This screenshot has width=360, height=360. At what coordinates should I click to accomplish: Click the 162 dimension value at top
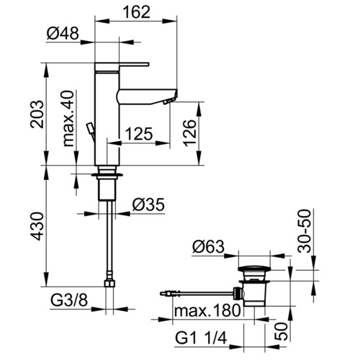(x=137, y=12)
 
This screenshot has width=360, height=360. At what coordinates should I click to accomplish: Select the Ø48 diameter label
(x=63, y=33)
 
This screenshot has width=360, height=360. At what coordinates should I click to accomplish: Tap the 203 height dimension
(x=37, y=114)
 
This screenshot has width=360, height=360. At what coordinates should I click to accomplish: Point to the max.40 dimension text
(x=68, y=118)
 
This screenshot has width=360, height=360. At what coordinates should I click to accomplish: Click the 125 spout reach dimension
(x=139, y=133)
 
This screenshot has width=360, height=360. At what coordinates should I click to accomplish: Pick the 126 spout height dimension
(x=190, y=132)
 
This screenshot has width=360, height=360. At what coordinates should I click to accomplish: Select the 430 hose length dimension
(x=37, y=226)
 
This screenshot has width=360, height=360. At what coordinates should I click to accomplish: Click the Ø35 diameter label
(x=149, y=204)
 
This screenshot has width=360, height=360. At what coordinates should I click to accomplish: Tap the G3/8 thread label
(x=69, y=300)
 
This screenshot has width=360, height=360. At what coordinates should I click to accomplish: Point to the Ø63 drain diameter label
(x=208, y=246)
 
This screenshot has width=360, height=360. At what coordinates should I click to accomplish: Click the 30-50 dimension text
(x=304, y=231)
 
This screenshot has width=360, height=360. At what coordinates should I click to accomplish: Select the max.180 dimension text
(x=207, y=310)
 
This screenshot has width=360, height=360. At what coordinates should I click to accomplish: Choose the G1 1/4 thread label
(x=201, y=338)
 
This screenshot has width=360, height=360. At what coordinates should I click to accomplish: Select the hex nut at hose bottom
(x=110, y=284)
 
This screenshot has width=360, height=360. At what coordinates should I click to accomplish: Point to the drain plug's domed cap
(x=254, y=269)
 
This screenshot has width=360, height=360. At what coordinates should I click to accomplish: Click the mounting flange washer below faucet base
(x=107, y=175)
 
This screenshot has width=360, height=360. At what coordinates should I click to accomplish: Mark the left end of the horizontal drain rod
(x=161, y=293)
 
